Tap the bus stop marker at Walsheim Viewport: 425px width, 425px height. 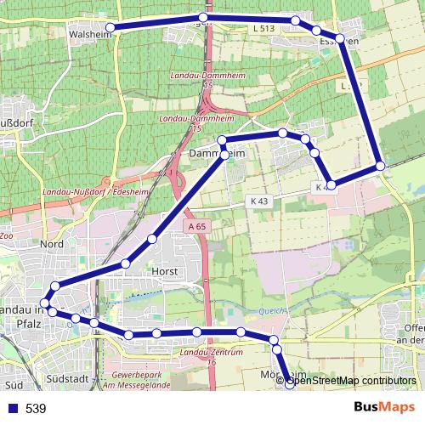[110, 28]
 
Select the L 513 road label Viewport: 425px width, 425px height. [264, 29]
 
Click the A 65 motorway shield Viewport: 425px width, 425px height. [195, 226]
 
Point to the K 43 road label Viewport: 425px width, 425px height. [259, 200]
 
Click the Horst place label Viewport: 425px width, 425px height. [162, 271]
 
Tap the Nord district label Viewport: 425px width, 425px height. [52, 245]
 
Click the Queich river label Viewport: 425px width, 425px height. [269, 310]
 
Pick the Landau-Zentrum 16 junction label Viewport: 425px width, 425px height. [212, 356]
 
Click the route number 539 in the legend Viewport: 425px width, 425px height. [36, 409]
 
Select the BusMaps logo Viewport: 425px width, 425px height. [384, 408]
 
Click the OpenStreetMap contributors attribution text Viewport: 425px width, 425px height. [350, 381]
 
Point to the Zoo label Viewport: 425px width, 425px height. [6, 235]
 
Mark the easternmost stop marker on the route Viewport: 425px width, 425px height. [380, 166]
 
